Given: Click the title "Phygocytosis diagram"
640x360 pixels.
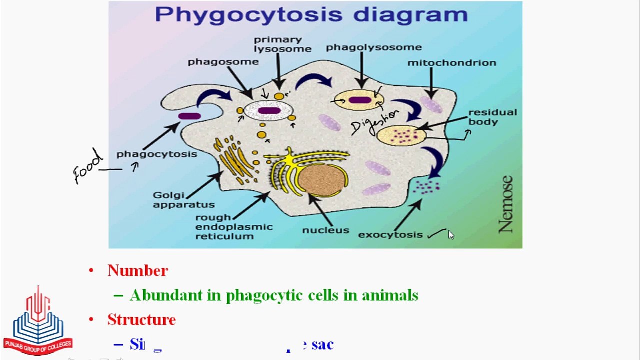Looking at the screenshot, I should click(x=311, y=14).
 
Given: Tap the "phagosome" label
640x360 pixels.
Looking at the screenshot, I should click(x=223, y=62).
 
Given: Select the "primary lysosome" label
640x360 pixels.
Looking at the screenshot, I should click(x=282, y=44).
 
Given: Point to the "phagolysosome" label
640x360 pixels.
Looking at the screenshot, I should click(x=373, y=48).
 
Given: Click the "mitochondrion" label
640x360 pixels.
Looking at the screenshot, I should click(x=451, y=63).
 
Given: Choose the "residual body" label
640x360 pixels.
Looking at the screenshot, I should click(x=492, y=117).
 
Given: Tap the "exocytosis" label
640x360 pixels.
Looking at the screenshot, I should click(x=390, y=235).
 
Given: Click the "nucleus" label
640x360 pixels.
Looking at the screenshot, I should click(x=325, y=230).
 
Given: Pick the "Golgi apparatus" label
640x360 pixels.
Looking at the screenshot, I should click(x=183, y=200).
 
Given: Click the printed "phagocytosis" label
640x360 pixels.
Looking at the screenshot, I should click(x=156, y=154).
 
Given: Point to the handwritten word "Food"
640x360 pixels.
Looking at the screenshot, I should click(x=89, y=167).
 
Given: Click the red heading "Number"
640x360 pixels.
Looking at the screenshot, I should click(x=137, y=271).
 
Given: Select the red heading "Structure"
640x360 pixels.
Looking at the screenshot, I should click(x=141, y=320).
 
